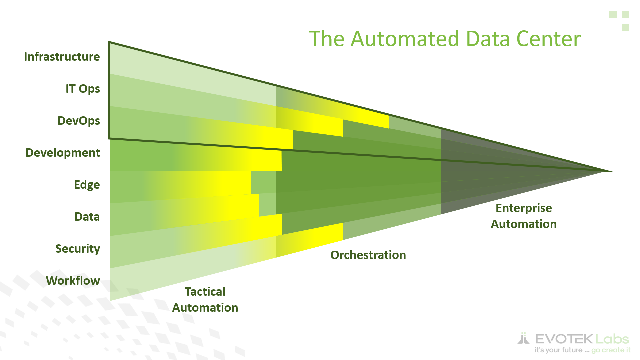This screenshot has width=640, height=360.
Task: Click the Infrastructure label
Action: coord(62,57)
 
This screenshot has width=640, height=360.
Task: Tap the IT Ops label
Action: coord(83,89)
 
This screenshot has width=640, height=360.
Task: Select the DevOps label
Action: coord(79,121)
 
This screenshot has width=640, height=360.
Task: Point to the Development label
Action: coord(63,153)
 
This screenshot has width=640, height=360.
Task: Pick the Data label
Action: coord(87,217)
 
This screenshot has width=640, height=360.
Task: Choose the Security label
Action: coord(78,249)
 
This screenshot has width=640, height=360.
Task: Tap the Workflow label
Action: coord(73,281)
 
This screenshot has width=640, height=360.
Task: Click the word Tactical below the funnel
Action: coord(205,292)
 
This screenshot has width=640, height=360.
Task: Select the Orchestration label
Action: coord(368,255)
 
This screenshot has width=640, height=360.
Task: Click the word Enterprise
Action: coord(524,208)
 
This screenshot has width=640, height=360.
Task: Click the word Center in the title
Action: coord(549,39)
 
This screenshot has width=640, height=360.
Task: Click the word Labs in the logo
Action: coord(612,339)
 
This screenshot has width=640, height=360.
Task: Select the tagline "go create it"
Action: coord(611,350)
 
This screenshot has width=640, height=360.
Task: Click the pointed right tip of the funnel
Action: coord(612,172)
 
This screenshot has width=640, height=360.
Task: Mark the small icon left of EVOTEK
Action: coord(523,338)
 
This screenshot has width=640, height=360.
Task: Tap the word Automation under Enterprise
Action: coord(524,224)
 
